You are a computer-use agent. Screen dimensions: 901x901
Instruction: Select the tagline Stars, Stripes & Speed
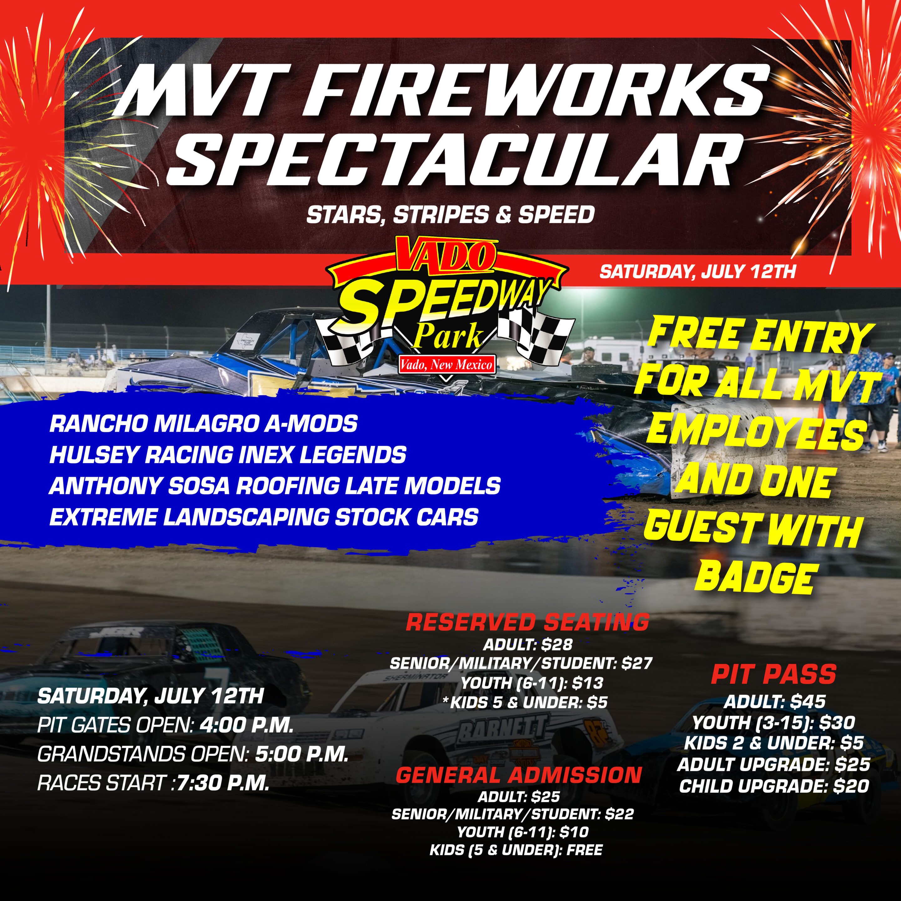tap(450, 215)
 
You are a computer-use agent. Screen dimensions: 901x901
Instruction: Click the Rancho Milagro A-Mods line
tap(203, 424)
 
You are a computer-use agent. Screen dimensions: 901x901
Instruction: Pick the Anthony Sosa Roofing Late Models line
tap(275, 486)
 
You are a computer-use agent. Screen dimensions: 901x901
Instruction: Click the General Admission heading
tap(519, 775)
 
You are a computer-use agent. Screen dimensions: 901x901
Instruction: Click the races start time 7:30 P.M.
tap(223, 783)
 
